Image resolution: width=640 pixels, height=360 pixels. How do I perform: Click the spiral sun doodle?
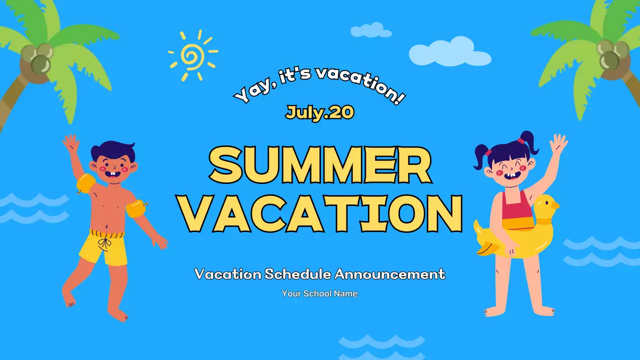[x=192, y=55]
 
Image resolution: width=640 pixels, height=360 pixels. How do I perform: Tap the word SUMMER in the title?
[x=320, y=165]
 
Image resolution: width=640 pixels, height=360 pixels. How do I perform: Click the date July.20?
[x=320, y=112]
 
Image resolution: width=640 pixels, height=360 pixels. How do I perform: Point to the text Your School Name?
[x=319, y=293]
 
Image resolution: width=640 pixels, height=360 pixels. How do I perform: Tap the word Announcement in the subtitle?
[x=390, y=274]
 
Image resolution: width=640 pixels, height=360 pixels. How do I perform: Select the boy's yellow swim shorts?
[x=104, y=246]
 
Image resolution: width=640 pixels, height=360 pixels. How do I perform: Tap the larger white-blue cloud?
[x=448, y=52]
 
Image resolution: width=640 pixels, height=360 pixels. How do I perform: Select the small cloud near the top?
[x=370, y=30]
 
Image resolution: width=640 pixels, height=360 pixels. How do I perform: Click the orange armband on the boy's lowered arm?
[x=135, y=208]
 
